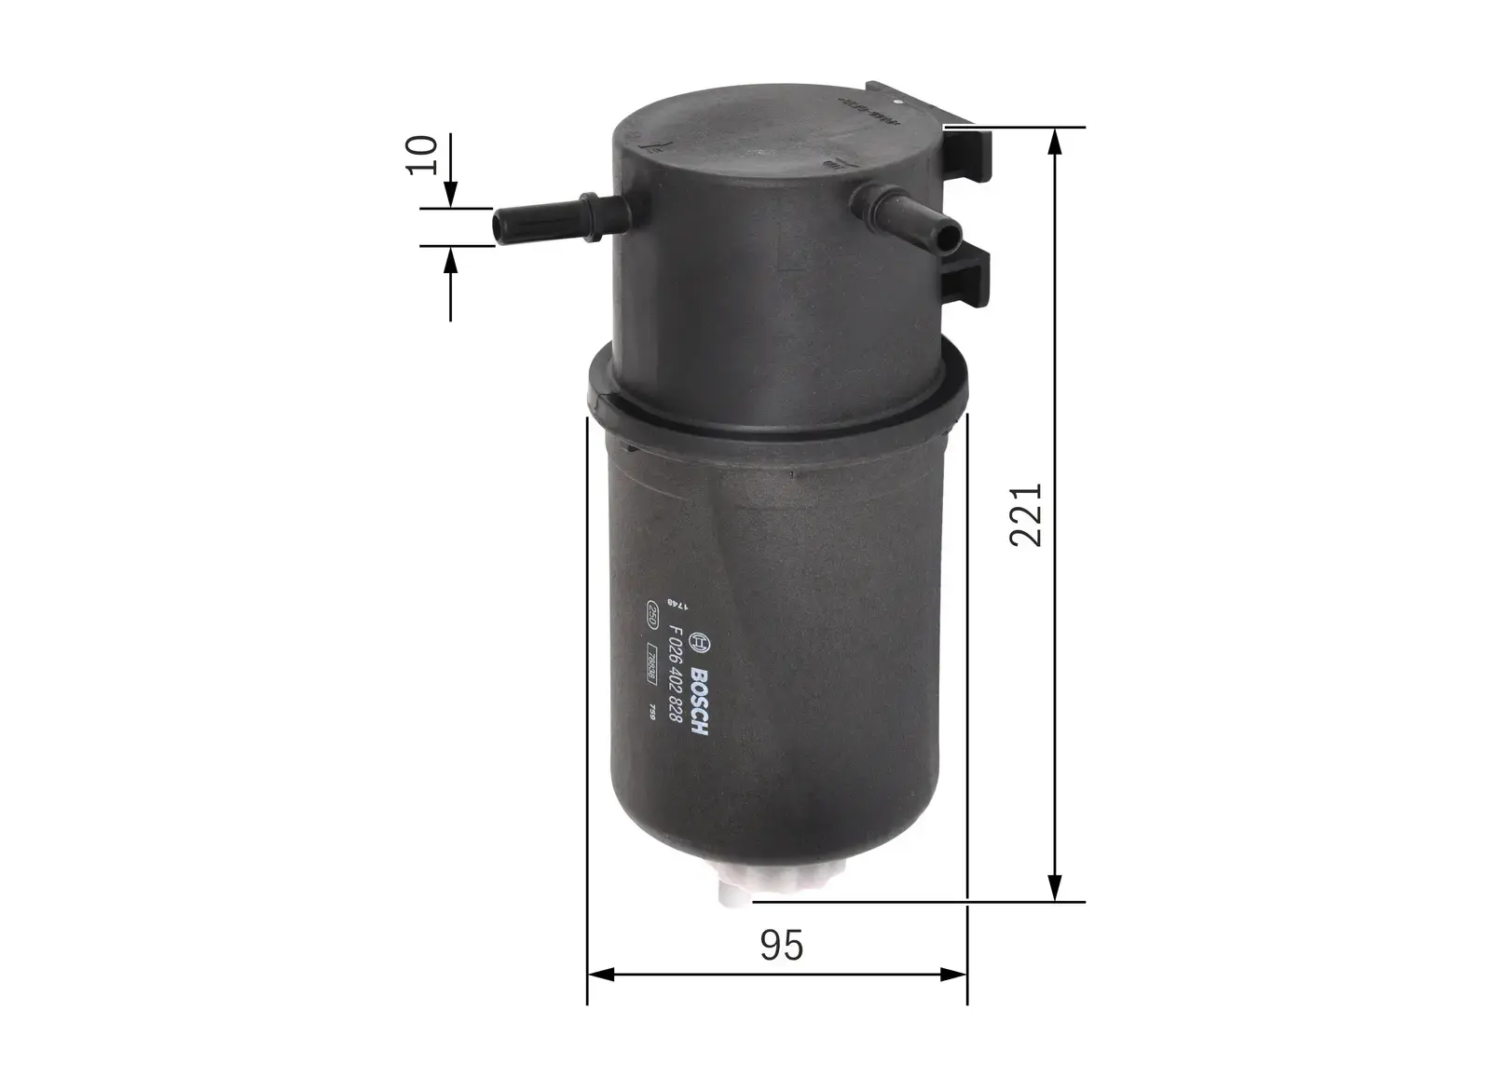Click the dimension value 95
[x=781, y=946]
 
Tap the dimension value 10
[x=423, y=155]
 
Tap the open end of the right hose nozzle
[x=949, y=239]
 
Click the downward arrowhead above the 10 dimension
[x=450, y=196]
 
